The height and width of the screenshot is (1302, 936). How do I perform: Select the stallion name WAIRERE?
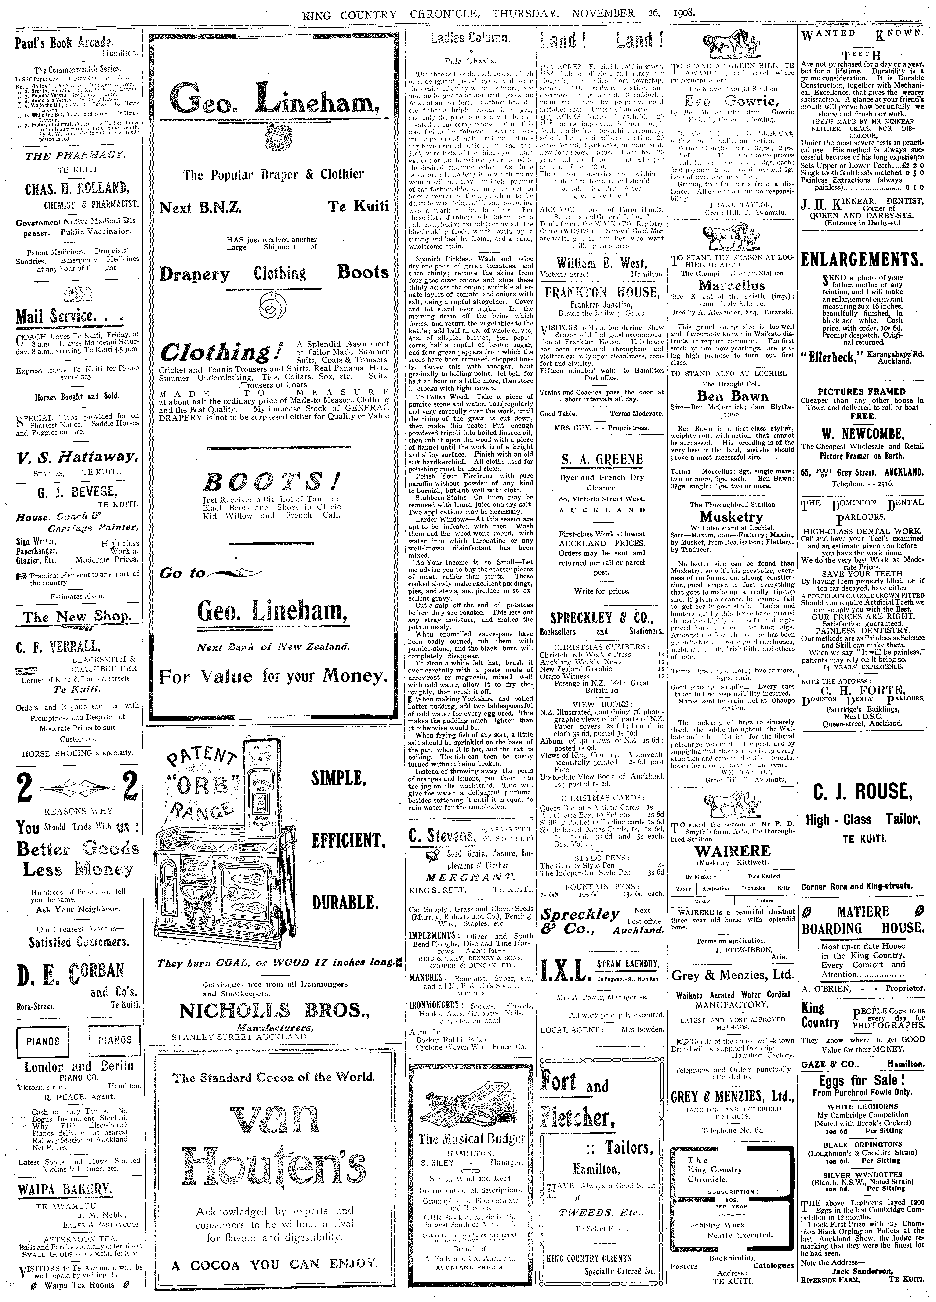[733, 851]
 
